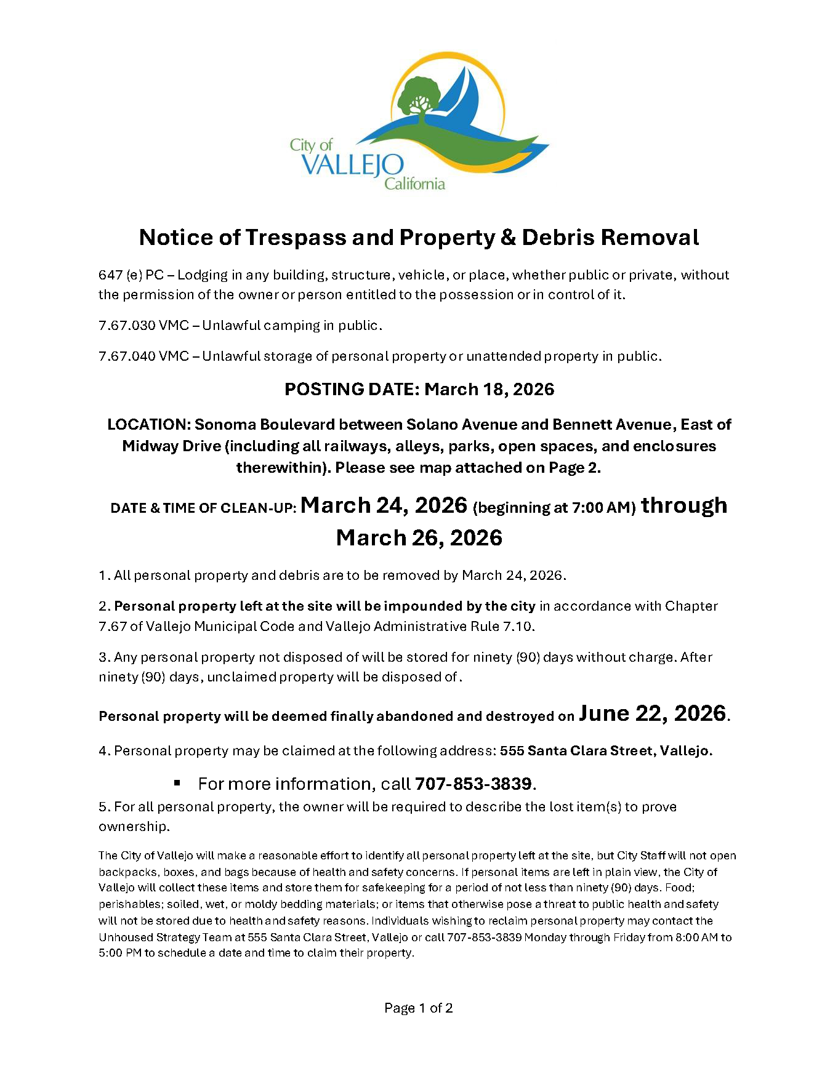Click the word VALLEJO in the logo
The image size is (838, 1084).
[353, 165]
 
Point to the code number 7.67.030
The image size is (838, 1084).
[127, 326]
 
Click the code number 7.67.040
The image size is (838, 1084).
[127, 356]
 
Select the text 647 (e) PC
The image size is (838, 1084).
[131, 275]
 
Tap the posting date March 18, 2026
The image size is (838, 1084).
[490, 390]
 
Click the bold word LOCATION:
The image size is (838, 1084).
[148, 425]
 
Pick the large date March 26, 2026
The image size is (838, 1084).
[419, 538]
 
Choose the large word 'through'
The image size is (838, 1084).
[684, 505]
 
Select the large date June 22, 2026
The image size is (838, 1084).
[652, 713]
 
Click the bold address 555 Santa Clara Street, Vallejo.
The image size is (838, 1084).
[606, 751]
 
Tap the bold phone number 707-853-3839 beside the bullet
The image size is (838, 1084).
[473, 784]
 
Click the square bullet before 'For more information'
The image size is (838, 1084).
[177, 783]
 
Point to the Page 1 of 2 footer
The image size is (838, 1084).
[419, 1008]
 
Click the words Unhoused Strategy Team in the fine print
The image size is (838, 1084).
[171, 937]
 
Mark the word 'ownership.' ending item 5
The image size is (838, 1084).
[134, 827]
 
